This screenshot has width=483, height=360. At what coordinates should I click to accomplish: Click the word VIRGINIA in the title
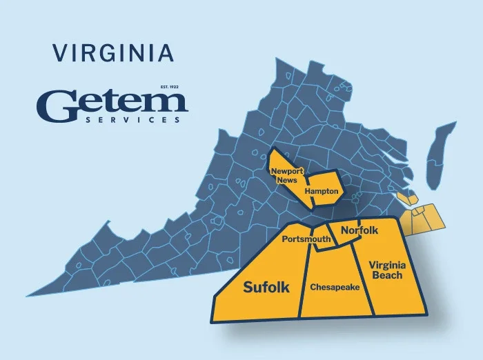pos(112,52)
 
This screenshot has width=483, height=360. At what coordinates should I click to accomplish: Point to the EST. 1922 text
pos(168,87)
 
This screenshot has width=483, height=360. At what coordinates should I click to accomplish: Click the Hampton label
pos(321,190)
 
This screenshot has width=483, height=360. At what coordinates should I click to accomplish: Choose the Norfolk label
pos(359,230)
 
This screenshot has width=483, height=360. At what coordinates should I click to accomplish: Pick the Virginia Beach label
pos(386,270)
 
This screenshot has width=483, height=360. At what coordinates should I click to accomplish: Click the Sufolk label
pos(266,287)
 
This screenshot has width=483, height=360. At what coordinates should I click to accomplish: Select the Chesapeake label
pos(335,287)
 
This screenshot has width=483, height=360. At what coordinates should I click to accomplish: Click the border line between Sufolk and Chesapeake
pos(303,283)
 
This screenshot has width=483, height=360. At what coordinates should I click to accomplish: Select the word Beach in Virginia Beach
pos(386,276)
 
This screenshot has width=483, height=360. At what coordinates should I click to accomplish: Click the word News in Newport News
pos(287,180)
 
